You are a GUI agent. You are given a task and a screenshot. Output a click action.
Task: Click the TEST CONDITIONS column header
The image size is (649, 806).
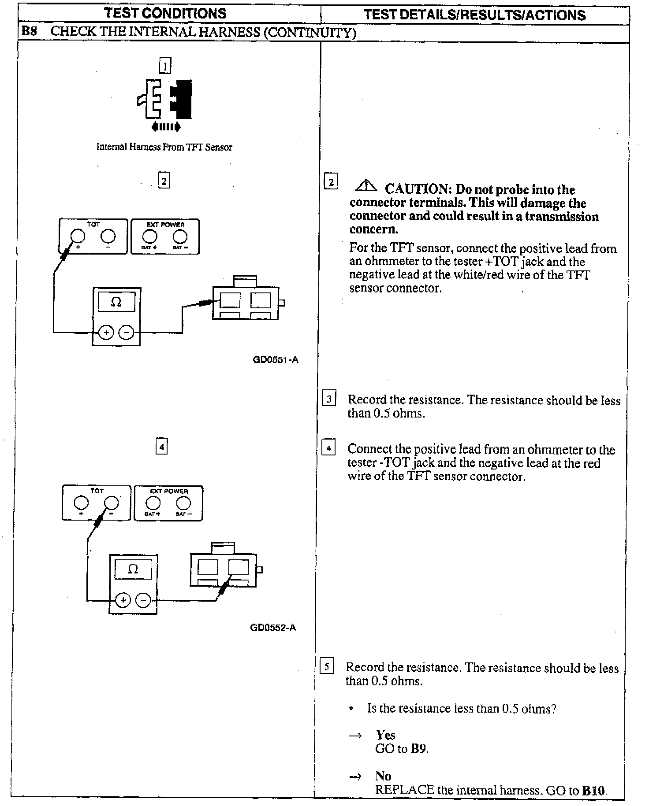pos(165,13)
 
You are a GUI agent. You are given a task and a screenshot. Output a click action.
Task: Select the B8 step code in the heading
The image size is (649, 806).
pos(29,32)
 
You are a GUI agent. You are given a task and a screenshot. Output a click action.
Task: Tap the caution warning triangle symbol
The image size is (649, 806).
pos(366,187)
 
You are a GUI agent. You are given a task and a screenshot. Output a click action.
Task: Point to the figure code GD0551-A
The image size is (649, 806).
pos(275,360)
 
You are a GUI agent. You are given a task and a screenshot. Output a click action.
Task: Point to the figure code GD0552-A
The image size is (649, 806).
pos(273,627)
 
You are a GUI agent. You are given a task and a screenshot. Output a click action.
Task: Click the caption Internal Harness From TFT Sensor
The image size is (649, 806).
pos(164,147)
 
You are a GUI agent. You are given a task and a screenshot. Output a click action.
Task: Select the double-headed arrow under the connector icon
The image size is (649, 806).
pos(165,127)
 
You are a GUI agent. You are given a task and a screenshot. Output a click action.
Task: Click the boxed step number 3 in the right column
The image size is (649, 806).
pos(329,399)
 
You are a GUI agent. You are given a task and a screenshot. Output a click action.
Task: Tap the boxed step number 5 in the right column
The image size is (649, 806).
pos(326,666)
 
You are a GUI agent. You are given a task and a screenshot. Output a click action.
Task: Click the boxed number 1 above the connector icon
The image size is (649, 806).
pos(165,66)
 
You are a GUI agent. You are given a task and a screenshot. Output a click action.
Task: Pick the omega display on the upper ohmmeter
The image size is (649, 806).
pos(116,302)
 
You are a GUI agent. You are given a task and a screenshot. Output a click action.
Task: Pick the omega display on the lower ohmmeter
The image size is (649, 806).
pos(133,569)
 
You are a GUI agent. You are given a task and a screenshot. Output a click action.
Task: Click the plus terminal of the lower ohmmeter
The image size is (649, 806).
pos(123,600)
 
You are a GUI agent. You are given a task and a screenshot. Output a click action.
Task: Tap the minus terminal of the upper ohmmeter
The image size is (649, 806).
pos(127,333)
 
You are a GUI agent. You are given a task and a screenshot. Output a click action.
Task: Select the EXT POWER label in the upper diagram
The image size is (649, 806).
pos(165,225)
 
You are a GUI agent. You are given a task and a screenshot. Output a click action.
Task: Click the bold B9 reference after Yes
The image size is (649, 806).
pos(419,749)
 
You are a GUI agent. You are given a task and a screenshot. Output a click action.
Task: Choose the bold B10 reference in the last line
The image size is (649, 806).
pos(594,791)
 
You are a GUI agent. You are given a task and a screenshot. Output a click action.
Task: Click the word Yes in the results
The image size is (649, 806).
pos(386,735)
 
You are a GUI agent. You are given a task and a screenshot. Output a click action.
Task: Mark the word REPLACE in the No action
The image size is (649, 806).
pos(404,790)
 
